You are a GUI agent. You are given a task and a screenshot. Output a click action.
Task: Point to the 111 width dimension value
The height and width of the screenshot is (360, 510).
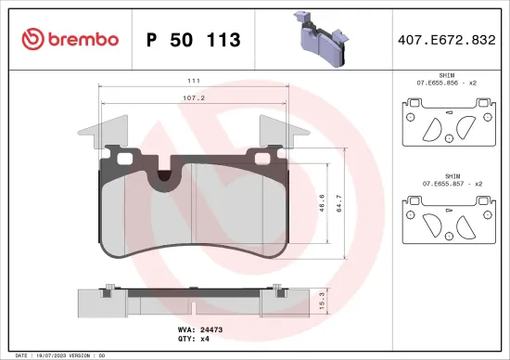[x=195, y=80]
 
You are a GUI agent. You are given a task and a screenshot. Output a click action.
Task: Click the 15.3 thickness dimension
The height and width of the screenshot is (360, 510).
[x=321, y=302]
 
